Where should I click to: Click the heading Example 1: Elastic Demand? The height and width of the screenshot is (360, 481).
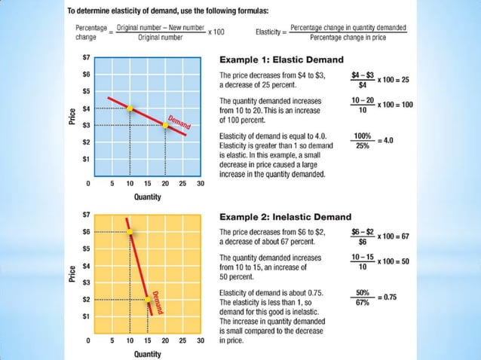[x=280, y=59]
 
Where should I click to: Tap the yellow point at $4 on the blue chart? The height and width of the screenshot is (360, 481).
[x=130, y=108]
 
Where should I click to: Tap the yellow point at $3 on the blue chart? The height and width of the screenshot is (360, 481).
[x=165, y=125]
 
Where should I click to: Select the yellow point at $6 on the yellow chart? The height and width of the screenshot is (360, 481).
[x=130, y=232]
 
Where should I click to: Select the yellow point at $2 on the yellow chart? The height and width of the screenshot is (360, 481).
[x=148, y=300]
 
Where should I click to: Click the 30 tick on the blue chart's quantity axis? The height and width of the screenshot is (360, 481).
[x=201, y=183]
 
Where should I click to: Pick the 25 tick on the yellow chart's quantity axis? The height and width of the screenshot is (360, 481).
[x=182, y=340]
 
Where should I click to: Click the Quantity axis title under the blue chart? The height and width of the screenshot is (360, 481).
[x=147, y=197]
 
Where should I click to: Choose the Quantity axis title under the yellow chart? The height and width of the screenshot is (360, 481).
[x=147, y=353]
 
